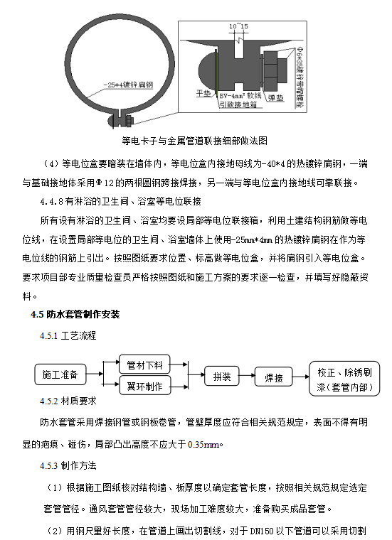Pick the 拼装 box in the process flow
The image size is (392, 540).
tap(221, 377)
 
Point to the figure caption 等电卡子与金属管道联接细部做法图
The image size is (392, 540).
tap(194, 140)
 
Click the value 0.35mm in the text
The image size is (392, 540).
tap(204, 445)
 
